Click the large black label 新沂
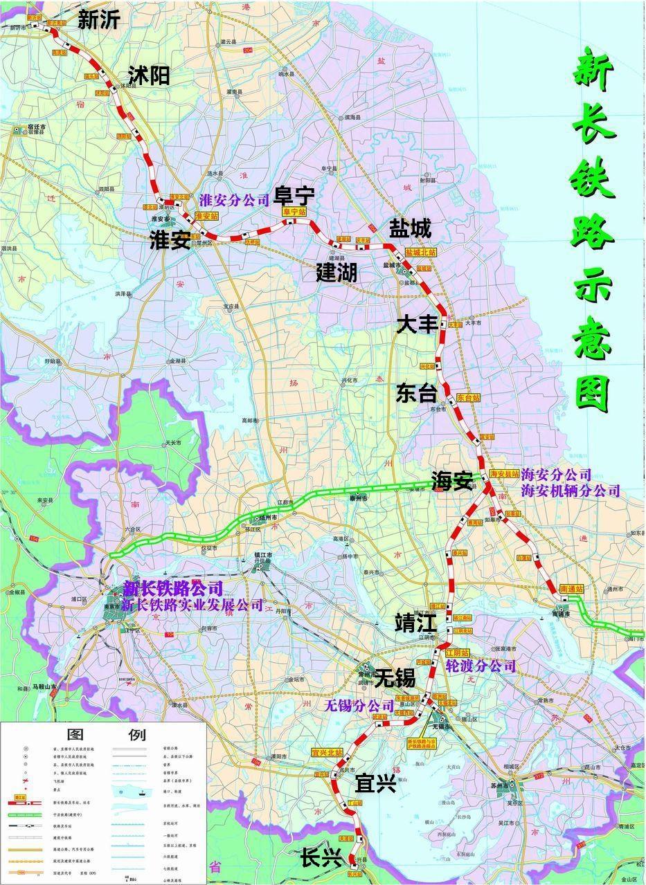coord(98,20)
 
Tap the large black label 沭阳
coord(148,75)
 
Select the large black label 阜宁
coord(295,196)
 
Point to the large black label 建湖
coord(337,272)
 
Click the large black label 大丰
coord(417,325)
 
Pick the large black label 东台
coord(417,393)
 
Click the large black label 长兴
coord(321,859)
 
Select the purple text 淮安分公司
coord(234,201)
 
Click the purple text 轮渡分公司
coord(481,666)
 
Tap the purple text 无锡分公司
coord(359,706)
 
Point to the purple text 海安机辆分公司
coord(571,491)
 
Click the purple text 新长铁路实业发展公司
coord(192,605)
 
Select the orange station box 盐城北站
coord(421,253)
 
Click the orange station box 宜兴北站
coord(328,752)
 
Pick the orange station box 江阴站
coord(457,653)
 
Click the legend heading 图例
coord(105,734)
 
